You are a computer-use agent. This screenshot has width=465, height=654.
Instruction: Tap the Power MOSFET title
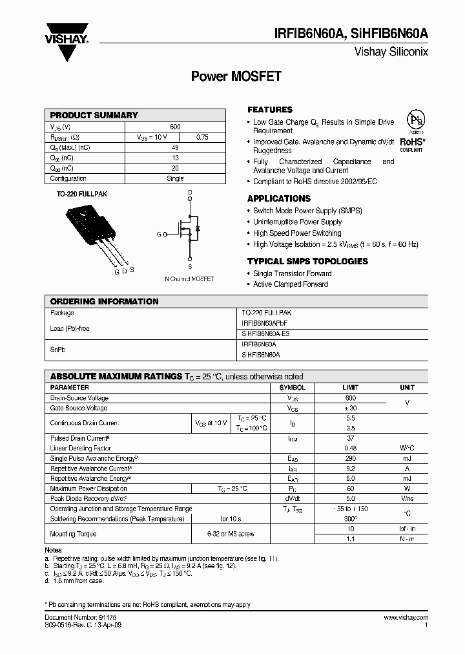(x=236, y=76)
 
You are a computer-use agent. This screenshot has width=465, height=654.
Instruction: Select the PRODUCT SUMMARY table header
(x=94, y=115)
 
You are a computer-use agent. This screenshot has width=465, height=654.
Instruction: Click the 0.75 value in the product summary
(x=201, y=137)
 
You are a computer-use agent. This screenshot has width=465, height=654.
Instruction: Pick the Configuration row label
(x=68, y=178)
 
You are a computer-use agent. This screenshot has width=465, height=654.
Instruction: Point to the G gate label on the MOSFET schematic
(x=158, y=235)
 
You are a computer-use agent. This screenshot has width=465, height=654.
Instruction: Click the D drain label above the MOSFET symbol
(x=190, y=193)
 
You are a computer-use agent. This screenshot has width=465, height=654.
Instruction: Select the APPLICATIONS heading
(x=279, y=198)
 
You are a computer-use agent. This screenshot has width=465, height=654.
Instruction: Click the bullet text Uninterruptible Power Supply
(x=297, y=222)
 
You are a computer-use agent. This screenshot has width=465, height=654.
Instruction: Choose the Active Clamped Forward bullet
(x=291, y=284)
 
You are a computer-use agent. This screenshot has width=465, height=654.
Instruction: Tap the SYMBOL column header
(x=292, y=388)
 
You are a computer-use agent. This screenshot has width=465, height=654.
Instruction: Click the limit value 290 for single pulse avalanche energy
(x=350, y=458)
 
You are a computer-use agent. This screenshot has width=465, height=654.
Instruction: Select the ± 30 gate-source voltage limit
(x=350, y=408)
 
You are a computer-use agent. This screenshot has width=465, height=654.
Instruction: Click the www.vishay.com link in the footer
(x=405, y=618)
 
